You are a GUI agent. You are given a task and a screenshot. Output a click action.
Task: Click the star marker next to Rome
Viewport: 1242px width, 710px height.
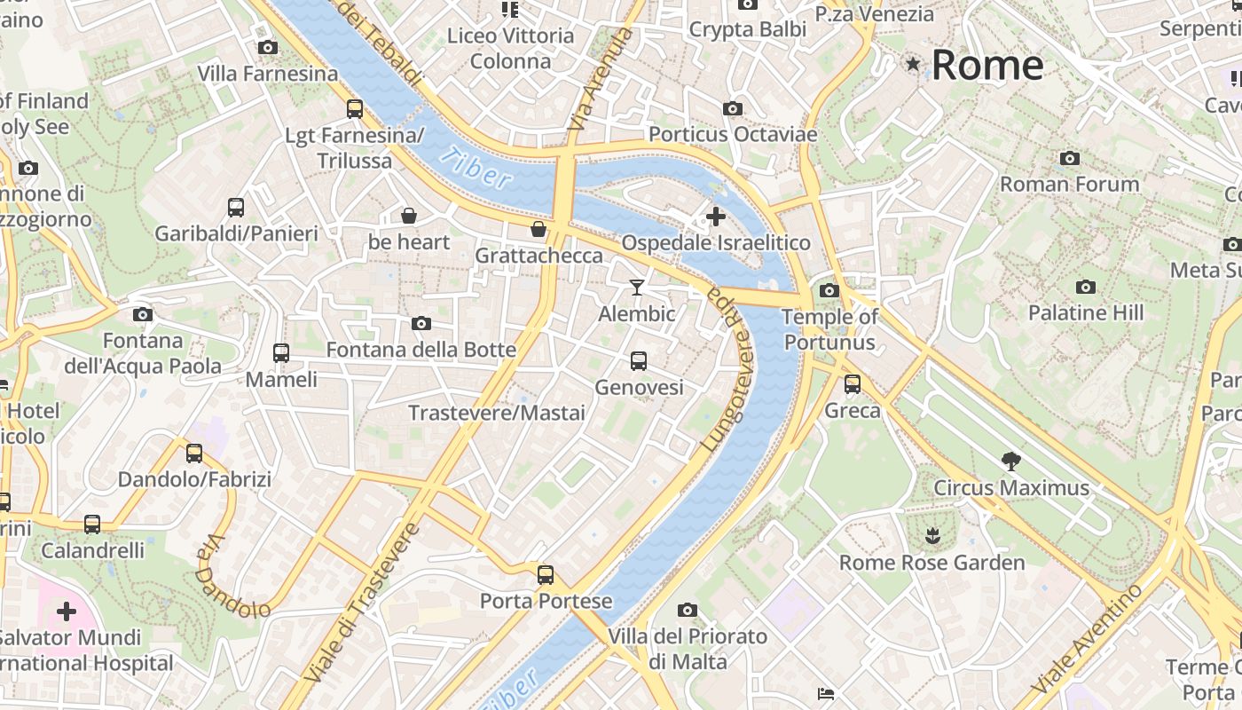click(x=913, y=64)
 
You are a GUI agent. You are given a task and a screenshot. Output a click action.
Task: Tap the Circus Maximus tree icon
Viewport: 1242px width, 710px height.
click(x=1010, y=461)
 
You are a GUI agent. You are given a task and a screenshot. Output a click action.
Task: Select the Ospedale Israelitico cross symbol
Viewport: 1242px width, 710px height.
click(x=715, y=216)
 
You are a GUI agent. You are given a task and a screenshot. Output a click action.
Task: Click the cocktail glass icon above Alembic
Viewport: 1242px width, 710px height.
click(x=636, y=287)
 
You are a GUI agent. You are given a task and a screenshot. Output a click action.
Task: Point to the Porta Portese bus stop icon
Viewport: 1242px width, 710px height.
click(x=545, y=574)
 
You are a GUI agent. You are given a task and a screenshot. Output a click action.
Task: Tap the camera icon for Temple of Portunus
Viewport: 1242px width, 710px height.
click(x=829, y=290)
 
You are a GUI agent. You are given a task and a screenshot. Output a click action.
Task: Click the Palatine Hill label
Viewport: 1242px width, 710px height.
click(x=1085, y=312)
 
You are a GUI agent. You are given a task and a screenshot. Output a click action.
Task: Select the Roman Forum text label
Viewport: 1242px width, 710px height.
click(x=1069, y=184)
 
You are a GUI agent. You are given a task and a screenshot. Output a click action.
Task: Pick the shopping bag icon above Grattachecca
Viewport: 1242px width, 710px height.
click(x=538, y=229)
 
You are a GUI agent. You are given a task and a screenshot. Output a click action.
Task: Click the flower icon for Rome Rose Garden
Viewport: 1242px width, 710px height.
click(x=931, y=535)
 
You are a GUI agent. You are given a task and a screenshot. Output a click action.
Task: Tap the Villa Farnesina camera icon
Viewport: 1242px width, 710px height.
click(x=267, y=48)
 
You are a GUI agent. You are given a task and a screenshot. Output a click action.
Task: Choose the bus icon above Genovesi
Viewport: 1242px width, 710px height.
click(x=638, y=360)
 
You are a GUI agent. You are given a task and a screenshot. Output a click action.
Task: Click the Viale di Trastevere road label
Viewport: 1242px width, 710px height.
click(x=361, y=603)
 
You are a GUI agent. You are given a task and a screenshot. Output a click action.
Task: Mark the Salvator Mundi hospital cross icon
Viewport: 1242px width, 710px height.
click(x=67, y=611)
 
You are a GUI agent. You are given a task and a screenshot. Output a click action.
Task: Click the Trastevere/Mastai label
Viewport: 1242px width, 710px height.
click(x=496, y=413)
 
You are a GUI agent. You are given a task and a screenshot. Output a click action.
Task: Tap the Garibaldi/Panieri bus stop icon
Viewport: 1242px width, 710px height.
click(x=235, y=207)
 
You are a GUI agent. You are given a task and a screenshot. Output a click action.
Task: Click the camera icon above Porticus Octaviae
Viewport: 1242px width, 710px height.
click(x=732, y=108)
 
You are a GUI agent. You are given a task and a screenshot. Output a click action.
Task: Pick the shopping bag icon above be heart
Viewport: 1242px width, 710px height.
click(x=409, y=215)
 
